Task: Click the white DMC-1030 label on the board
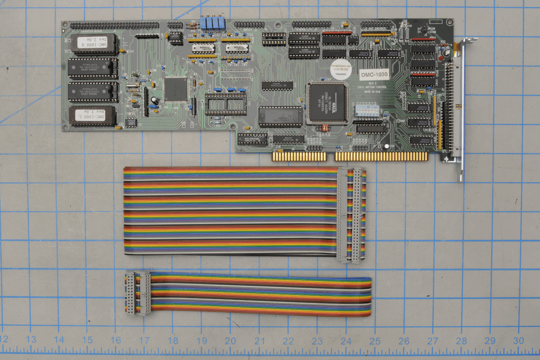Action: pyautogui.click(x=374, y=75)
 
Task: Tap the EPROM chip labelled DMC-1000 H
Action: pyautogui.click(x=93, y=44)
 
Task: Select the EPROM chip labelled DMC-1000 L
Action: pyautogui.click(x=93, y=116)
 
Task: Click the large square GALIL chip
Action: pyautogui.click(x=328, y=103)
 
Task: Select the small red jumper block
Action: pyautogui.click(x=325, y=127)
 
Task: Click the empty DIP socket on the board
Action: pyautogui.click(x=225, y=104)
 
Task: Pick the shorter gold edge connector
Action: pyautogui.click(x=300, y=157)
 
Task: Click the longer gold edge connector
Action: pyautogui.click(x=381, y=157)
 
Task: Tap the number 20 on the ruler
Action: pyautogui.click(x=230, y=341)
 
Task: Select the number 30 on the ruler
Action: pyautogui.click(x=518, y=341)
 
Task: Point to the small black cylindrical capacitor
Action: pyautogui.click(x=156, y=100)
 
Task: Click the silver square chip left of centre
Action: pyautogui.click(x=176, y=89)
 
